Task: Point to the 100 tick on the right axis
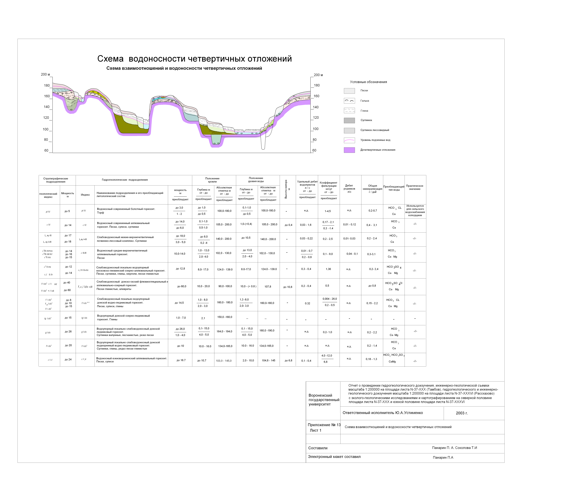pos(315,129)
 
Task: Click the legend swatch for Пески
pos(349,91)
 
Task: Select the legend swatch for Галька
pos(349,101)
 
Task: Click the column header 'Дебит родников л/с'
pos(349,189)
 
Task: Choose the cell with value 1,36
pos(328,269)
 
